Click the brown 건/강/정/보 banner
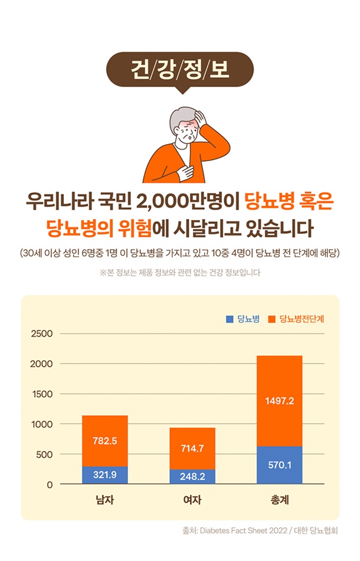[180, 70]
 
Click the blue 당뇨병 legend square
[230, 319]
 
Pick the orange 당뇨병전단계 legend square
[271, 319]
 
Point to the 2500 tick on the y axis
[42, 334]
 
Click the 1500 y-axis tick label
[42, 394]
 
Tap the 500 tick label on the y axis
[44, 455]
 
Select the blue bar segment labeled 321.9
[104, 475]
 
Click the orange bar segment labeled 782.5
[104, 441]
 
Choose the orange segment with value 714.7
[192, 449]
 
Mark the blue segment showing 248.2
[192, 477]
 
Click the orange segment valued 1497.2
[280, 401]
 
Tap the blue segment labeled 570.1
[280, 465]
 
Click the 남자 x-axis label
[104, 500]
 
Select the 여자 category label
[192, 500]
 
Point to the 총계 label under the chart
[280, 500]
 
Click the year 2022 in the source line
[279, 531]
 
